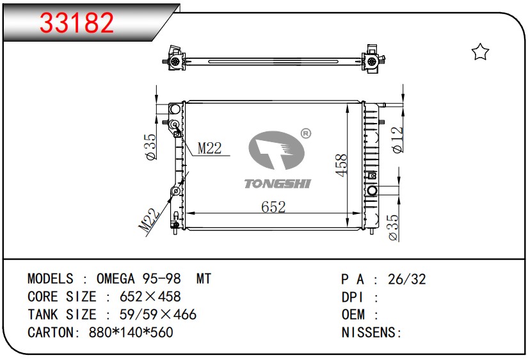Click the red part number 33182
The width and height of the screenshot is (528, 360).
[x=77, y=22]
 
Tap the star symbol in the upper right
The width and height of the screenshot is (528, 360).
[x=480, y=52]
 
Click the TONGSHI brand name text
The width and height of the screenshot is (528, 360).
[x=277, y=184]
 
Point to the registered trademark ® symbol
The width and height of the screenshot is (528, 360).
[x=305, y=133]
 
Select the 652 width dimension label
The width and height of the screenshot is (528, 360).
[x=273, y=207]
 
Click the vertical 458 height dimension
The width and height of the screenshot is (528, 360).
[x=341, y=165]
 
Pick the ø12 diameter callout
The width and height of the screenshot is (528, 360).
[x=397, y=140]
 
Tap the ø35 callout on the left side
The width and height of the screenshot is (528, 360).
[x=150, y=147]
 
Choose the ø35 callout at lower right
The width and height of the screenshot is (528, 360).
[x=393, y=227]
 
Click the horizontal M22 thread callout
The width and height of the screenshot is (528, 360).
[x=209, y=149]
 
